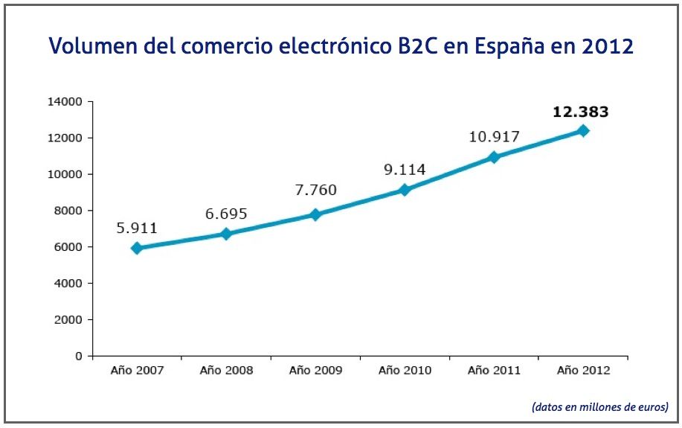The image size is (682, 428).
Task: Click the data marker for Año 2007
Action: point(137,248)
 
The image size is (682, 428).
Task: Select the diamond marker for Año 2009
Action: point(315,214)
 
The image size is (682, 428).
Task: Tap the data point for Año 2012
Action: point(583,131)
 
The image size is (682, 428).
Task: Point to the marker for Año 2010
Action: point(405,190)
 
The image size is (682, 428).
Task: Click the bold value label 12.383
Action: point(580,112)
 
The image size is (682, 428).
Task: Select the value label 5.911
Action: point(137,228)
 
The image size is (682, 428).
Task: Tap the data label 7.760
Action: point(315,190)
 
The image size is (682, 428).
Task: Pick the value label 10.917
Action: point(494,137)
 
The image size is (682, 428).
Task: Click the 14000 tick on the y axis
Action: point(68,102)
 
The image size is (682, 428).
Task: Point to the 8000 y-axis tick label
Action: point(71,211)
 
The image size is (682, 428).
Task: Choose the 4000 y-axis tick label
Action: point(71,284)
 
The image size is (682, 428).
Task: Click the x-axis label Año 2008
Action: point(226,370)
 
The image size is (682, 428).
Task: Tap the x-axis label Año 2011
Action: point(494,370)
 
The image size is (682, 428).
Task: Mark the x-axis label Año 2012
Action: point(583,370)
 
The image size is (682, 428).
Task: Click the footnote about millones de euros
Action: point(600,407)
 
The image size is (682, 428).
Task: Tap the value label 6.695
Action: point(226,214)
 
